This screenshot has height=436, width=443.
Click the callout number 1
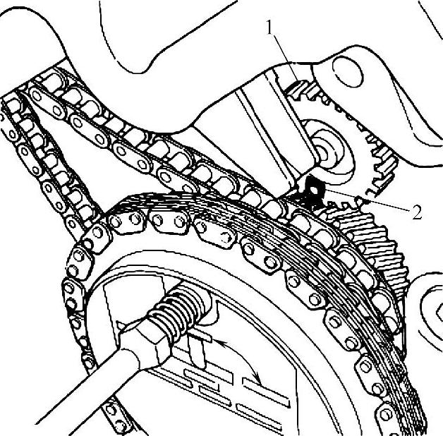coord(270,28)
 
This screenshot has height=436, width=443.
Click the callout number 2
coord(416,212)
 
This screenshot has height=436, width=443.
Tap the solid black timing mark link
coord(314,191)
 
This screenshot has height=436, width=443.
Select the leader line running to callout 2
coord(366,200)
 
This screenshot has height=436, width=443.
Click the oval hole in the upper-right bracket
coord(348,72)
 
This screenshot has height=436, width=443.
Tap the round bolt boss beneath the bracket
coord(328,150)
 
